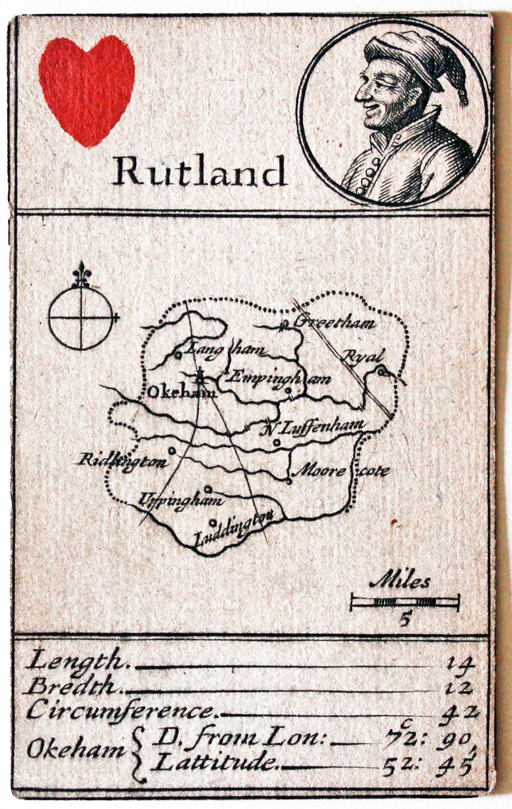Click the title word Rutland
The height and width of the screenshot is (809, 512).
click(200, 171)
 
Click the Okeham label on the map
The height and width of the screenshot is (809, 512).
click(182, 393)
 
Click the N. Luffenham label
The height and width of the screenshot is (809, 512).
click(314, 427)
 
